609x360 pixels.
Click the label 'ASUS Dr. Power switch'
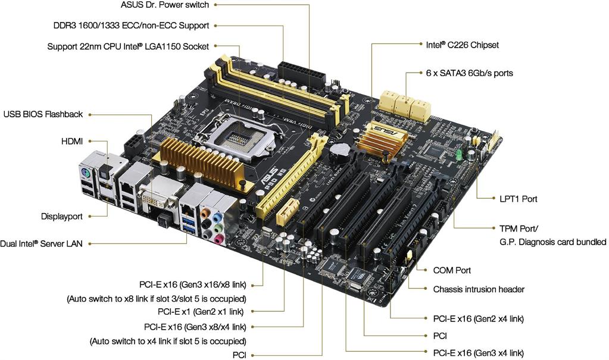coord(165,5)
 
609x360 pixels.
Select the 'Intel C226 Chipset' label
coord(462,45)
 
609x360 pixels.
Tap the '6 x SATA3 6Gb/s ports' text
coord(469,73)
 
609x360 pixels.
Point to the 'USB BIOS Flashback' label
coord(43,114)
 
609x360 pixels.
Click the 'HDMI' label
coord(72,142)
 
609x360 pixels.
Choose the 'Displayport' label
coord(62,217)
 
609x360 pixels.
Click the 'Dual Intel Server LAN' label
coord(41,244)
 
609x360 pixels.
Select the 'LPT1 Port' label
coord(518,199)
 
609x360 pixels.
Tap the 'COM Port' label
coord(452,270)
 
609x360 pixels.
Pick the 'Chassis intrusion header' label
coord(479,289)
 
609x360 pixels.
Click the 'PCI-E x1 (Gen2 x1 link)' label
coord(201,311)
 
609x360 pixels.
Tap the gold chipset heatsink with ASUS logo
coord(382,138)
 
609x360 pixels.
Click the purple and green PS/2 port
coord(86,174)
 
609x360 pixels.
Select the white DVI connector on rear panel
coord(161,198)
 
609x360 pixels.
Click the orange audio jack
coord(205,213)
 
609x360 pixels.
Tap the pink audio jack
coord(218,237)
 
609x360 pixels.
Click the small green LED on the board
coord(459,154)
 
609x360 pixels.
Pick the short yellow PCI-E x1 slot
coord(287,212)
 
